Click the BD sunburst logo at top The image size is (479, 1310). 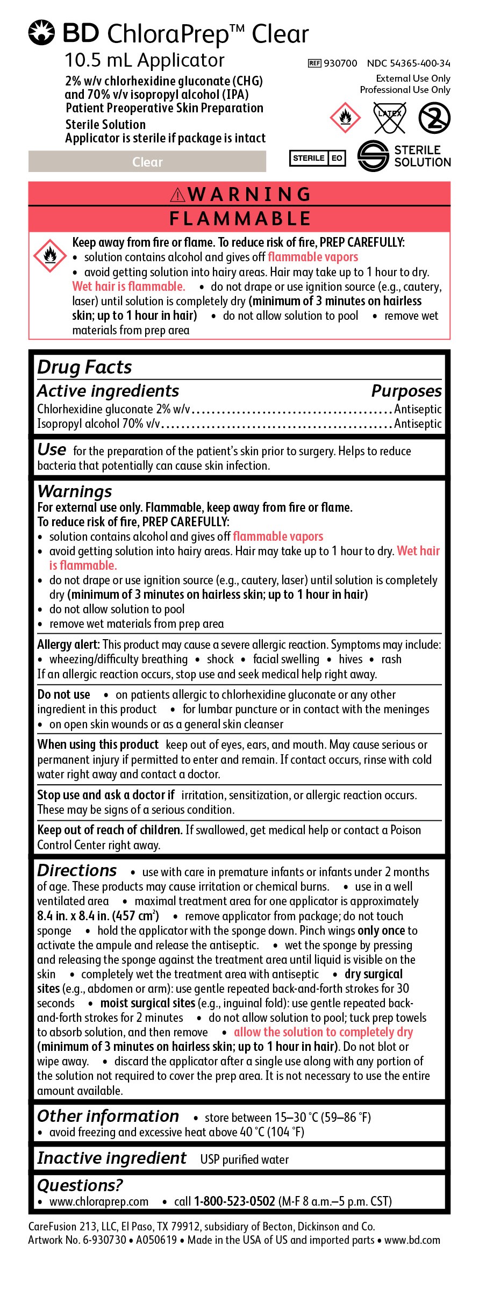pos(42,33)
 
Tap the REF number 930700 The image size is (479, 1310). pos(340,63)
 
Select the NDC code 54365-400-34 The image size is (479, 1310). pos(409,63)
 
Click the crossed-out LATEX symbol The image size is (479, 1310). pos(389,118)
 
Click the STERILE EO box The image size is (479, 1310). pos(317,158)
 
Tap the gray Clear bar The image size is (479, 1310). pos(147,162)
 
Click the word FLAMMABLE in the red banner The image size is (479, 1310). pos(240,219)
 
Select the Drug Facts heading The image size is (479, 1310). pos(84,367)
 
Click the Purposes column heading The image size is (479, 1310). pos(406,391)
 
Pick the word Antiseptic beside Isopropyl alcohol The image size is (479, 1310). pos(418,424)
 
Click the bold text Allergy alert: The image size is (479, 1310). pos(68,645)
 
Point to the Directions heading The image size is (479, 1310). pos(77,870)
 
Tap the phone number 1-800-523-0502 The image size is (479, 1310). pos(234,1201)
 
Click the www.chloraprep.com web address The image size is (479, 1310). pos(99,1201)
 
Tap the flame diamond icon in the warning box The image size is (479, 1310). pos(50,256)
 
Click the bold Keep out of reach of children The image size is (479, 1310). pos(110,830)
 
